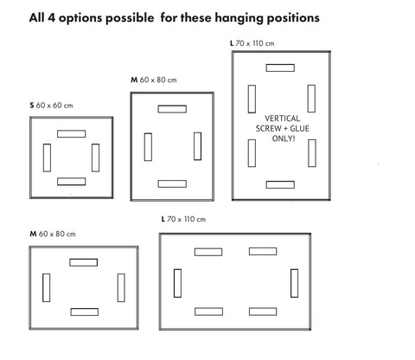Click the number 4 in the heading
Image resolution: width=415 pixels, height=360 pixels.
click(51, 18)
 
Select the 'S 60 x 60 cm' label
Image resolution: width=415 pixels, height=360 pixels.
click(51, 106)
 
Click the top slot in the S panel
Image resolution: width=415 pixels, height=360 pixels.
click(72, 134)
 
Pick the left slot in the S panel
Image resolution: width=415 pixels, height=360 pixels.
click(47, 157)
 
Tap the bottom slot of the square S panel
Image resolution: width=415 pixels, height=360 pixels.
click(72, 182)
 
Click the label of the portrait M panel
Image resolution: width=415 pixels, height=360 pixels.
click(154, 80)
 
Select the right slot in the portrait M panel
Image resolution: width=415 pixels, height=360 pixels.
click(197, 146)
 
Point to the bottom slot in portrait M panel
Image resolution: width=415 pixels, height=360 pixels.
click(172, 183)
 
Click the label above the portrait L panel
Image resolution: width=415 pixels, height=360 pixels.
click(252, 43)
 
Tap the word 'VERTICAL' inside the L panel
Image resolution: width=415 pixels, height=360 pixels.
click(282, 119)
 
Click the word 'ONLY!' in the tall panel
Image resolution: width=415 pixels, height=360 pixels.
click(284, 138)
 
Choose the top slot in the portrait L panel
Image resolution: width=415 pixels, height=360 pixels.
click(280, 67)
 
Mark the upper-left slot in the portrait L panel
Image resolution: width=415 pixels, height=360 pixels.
click(252, 99)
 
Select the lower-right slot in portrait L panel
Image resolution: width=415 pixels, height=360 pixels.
click(312, 153)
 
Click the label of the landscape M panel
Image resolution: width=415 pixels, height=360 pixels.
click(53, 234)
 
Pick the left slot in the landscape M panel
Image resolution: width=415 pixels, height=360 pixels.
click(47, 287)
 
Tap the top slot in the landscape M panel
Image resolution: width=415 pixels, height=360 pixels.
click(84, 262)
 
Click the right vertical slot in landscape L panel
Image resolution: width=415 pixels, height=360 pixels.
click(294, 283)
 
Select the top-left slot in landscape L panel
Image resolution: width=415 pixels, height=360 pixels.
click(208, 252)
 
